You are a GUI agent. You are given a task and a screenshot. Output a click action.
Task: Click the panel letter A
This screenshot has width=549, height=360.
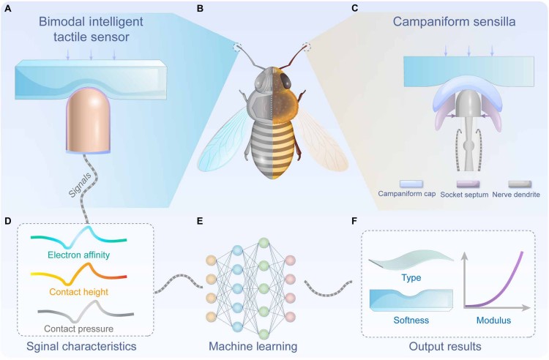point(7,10)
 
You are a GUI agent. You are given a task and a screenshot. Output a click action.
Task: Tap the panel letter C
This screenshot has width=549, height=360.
point(354,10)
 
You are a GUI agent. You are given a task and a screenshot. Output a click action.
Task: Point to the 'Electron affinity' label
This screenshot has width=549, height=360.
point(78,256)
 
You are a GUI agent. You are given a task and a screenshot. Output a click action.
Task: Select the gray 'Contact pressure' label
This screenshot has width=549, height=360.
point(78,329)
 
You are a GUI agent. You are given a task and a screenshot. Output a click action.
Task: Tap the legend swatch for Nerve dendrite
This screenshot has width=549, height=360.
point(520,184)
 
